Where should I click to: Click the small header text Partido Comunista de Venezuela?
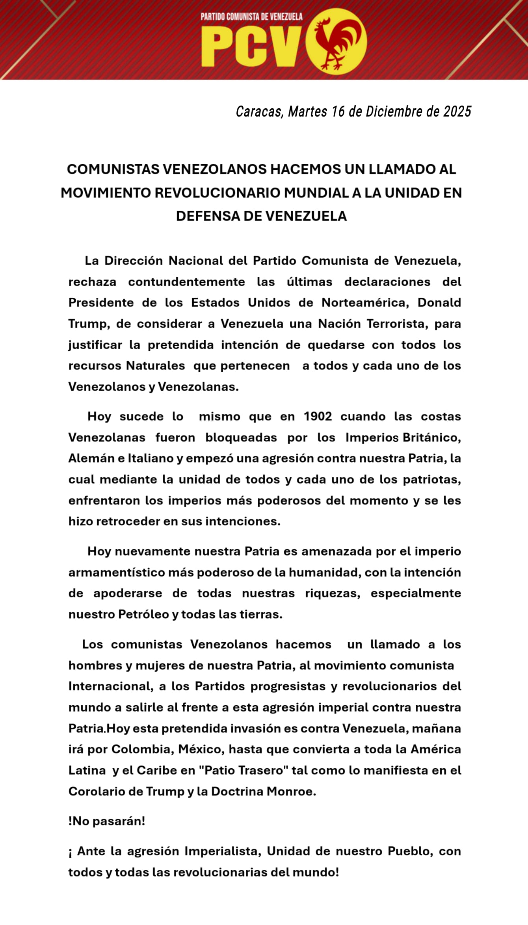pos(251,17)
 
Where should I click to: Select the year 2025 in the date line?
pos(457,112)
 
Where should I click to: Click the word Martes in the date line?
pos(307,112)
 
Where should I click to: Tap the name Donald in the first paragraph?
pos(439,303)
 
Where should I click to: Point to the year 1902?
pos(318,417)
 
